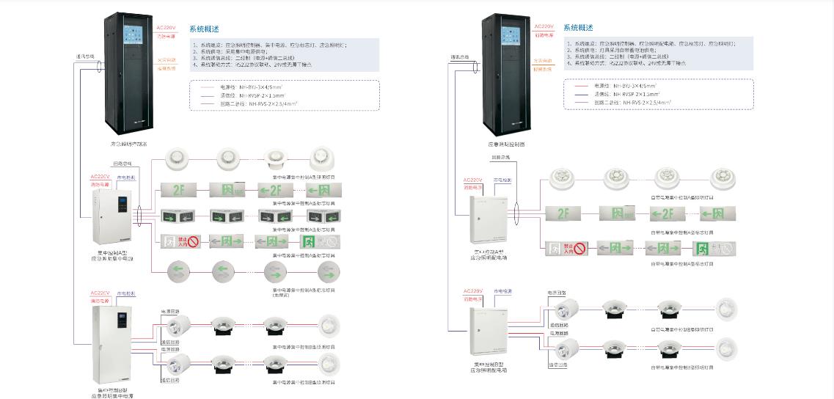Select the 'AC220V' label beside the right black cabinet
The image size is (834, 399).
544,26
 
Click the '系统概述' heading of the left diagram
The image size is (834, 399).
201,29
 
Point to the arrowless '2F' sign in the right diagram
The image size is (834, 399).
564,214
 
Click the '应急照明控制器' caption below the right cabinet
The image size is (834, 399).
507,144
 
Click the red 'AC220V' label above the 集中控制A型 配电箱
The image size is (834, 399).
473,180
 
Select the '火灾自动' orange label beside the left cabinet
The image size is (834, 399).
167,60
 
